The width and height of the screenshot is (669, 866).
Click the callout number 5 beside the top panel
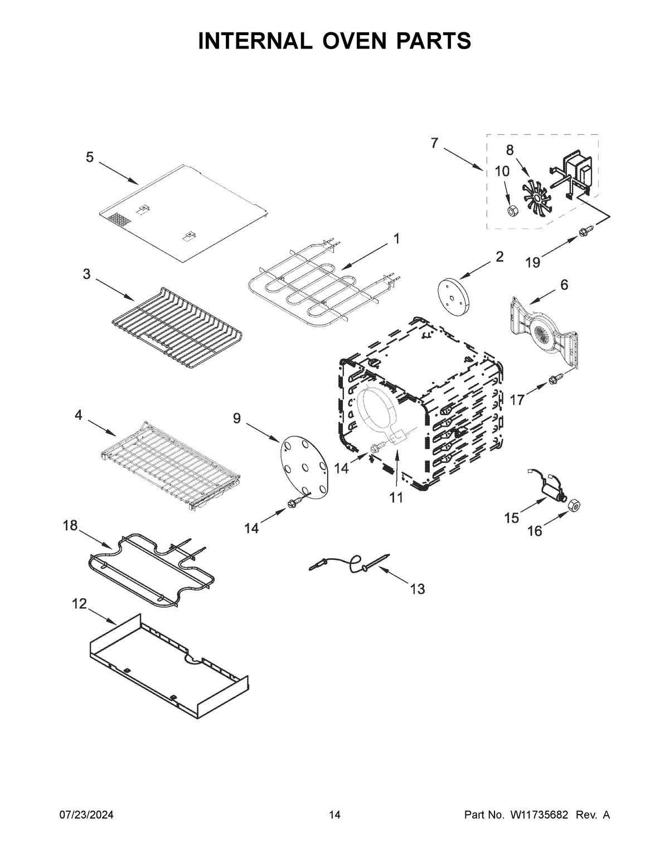90,158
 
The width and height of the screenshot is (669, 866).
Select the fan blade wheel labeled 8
536,197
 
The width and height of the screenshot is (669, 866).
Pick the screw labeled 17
555,379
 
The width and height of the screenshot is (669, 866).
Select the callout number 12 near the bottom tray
80,603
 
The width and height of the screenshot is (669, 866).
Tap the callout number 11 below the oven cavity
396,497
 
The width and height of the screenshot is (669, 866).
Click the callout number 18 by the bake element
71,525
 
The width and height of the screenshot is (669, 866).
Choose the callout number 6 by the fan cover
564,285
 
